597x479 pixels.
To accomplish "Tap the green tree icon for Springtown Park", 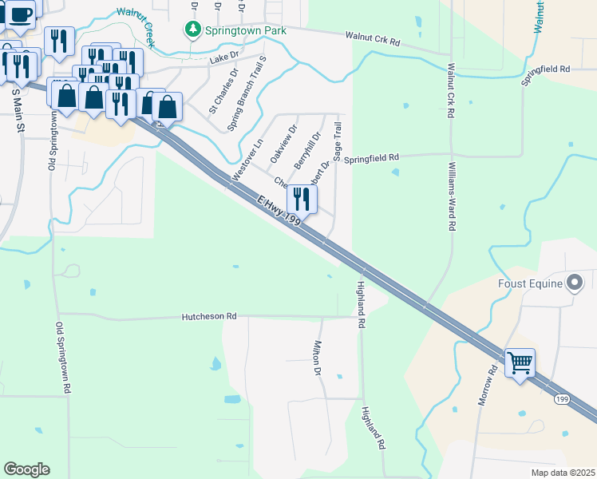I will pos(192,30).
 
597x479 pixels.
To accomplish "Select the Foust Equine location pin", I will pos(575,282).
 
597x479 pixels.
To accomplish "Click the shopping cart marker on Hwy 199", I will pos(520,363).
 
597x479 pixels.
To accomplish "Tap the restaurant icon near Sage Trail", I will pos(302,200).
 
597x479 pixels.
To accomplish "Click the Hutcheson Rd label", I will pos(210,316).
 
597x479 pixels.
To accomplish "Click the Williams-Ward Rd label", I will pos(452,196).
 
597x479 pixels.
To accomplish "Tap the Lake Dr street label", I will pos(224,57).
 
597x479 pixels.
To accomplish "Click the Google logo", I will pos(26,469).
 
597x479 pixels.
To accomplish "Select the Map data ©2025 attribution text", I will pos(562,473).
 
